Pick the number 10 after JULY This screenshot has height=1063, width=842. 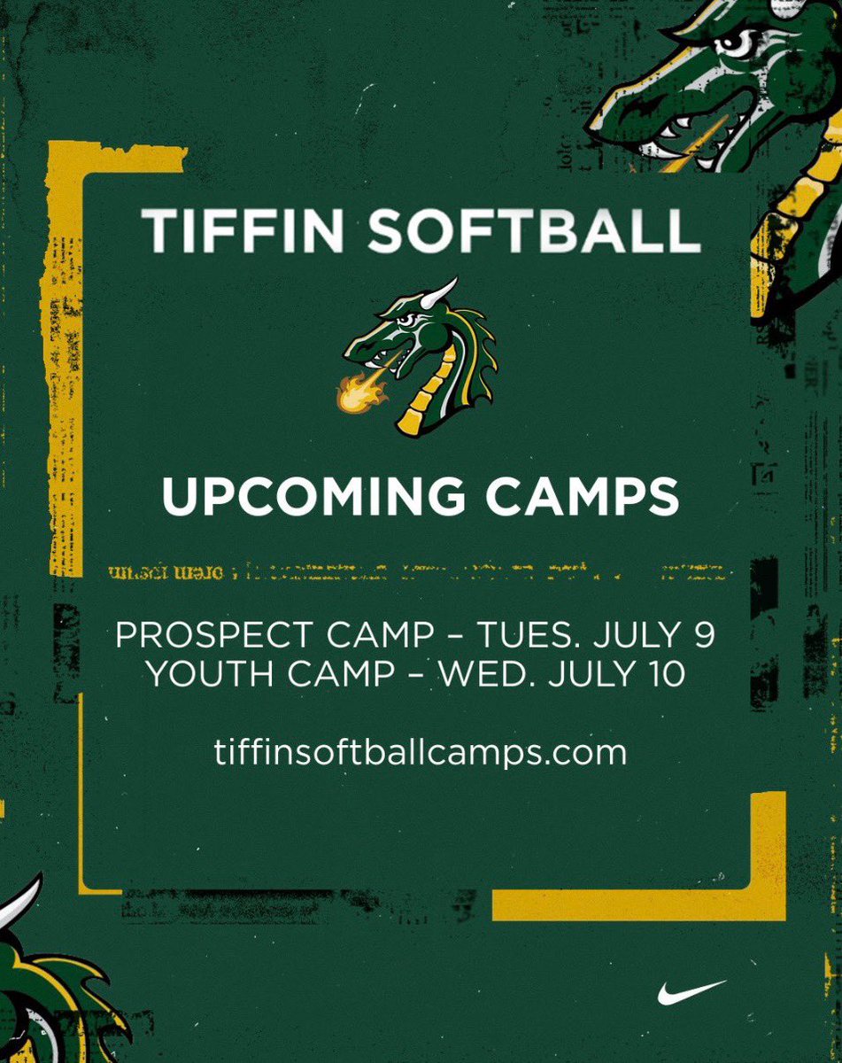tap(666, 674)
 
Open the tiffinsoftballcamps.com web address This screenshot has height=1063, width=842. tap(421, 753)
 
